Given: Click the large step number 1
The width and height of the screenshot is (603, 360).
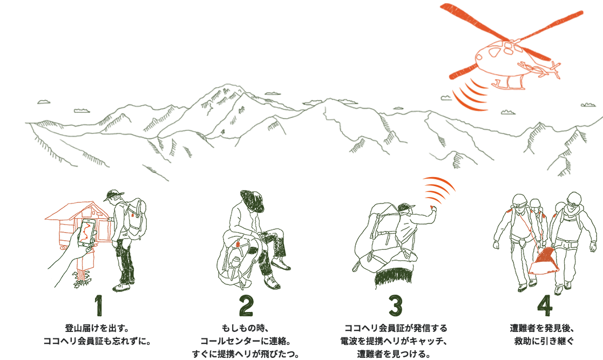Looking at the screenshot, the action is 99,306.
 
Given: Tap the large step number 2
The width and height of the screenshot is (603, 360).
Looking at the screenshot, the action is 246,306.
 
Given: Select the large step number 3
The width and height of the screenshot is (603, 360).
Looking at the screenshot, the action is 395,306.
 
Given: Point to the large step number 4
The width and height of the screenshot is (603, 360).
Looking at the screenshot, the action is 545,306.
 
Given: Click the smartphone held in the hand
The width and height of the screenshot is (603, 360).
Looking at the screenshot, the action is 86,233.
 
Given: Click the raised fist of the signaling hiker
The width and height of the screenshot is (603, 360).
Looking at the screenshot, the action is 433,210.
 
